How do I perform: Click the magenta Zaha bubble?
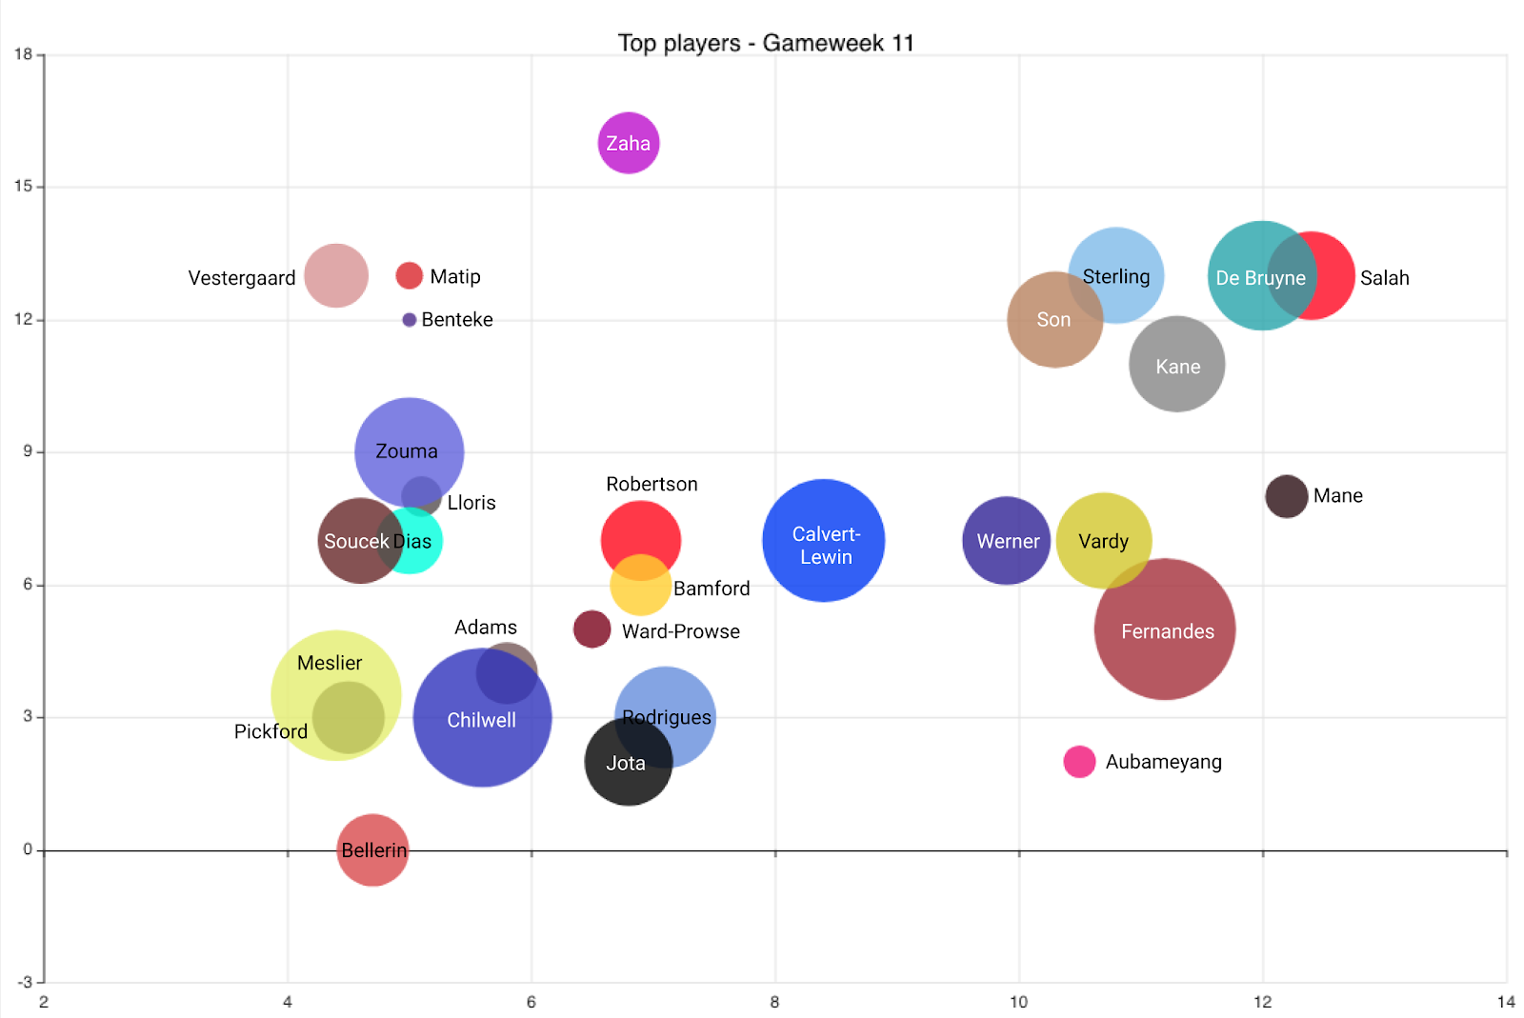point(629,143)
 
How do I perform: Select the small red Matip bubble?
point(410,275)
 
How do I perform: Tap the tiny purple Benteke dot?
point(410,320)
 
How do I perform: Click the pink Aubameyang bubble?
point(1079,762)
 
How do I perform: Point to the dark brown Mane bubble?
point(1286,496)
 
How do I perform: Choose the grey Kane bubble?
point(1177,365)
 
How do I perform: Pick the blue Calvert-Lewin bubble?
point(824,541)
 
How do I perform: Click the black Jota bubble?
point(628,762)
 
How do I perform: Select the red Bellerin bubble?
point(372,849)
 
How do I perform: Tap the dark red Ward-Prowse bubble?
point(592,629)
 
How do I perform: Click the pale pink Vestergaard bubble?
point(336,276)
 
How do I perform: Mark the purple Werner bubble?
point(1007,541)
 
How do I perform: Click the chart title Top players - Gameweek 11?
point(766,43)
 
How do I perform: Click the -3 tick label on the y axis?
point(24,982)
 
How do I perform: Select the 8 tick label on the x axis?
point(775,1002)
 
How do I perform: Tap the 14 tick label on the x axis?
point(1506,1002)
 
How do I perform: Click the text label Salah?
point(1384,278)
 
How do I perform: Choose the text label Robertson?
point(652,484)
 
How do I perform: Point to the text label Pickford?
point(271,731)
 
